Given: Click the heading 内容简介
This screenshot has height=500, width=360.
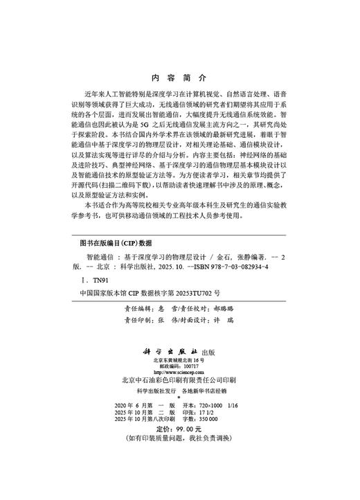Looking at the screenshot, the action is (179, 77).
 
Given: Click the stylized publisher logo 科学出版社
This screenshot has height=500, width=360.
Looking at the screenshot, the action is (172, 350).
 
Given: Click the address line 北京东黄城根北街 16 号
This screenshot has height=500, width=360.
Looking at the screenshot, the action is (179, 360).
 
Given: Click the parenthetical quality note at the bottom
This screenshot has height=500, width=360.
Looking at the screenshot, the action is (179, 459).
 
